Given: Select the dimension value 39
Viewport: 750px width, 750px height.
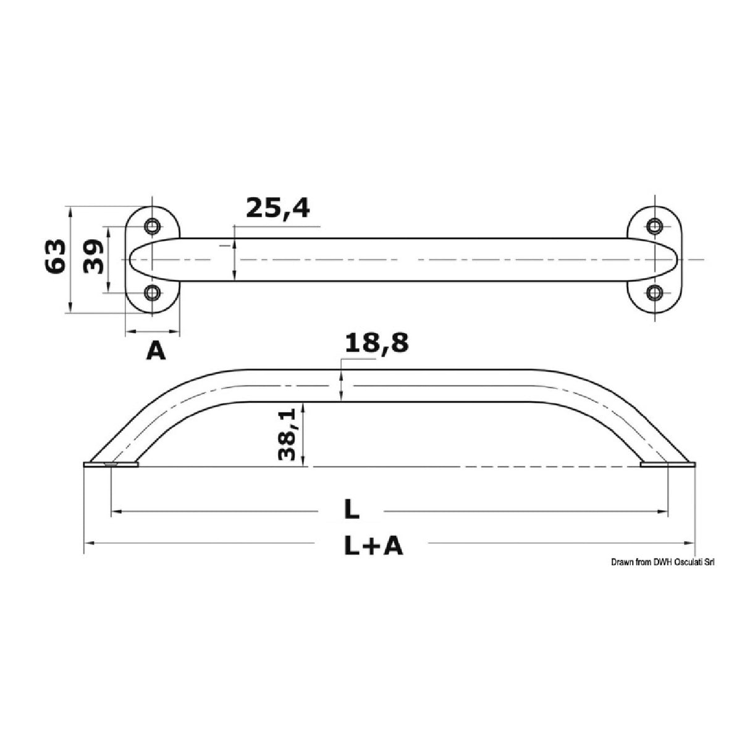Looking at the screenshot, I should click(x=93, y=256).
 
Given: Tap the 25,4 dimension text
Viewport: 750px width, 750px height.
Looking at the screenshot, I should click(x=277, y=208).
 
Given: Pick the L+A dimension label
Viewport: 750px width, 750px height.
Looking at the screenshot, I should click(x=373, y=545).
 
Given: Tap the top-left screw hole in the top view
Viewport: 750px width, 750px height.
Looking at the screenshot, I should click(x=152, y=226).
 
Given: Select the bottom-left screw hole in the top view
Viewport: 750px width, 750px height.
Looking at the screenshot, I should click(x=152, y=292).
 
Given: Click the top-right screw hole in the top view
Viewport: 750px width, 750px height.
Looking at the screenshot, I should click(x=655, y=226).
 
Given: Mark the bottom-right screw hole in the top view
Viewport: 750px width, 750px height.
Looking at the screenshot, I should click(x=655, y=292).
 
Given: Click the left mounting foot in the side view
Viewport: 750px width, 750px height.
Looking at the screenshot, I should click(x=111, y=465).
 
